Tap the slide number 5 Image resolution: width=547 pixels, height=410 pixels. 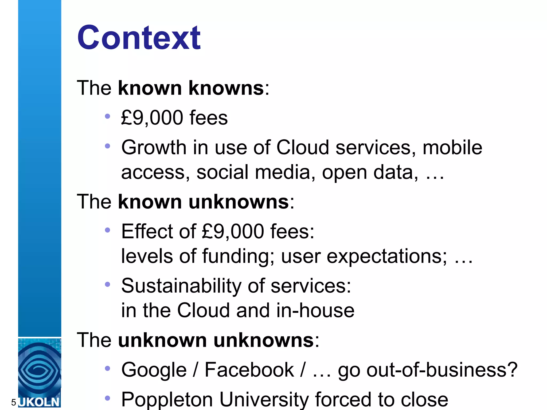pos(13,403)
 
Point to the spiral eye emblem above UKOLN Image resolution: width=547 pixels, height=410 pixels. pos(39,370)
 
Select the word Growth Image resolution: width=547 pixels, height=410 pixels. pos(154,148)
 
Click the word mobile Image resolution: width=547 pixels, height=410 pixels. pos(452,148)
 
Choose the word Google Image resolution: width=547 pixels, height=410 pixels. pos(154,370)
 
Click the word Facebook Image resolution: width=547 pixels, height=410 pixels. pos(249,370)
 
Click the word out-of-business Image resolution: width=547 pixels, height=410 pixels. pos(428,370)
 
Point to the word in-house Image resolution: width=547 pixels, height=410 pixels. pos(315,311)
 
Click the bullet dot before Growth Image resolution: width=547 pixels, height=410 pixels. pos(108,146)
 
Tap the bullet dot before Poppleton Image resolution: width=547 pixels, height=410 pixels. pos(108,398)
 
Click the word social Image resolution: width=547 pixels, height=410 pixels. pos(222,172)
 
